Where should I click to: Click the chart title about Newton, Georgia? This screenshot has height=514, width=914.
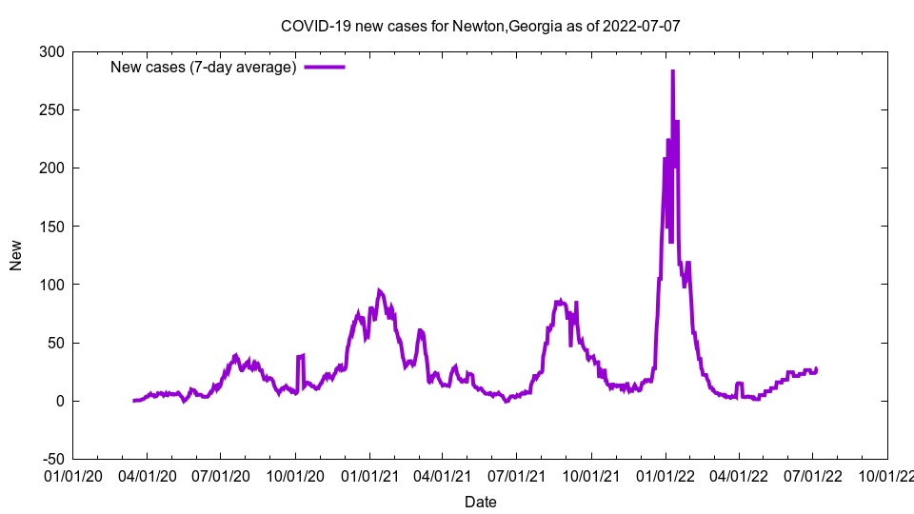point(480,26)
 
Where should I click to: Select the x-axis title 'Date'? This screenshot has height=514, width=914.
point(480,502)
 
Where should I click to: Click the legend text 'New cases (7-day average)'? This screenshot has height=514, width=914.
point(203,67)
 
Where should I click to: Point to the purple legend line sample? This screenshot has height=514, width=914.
point(324,67)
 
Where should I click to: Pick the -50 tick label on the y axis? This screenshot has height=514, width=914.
point(51,459)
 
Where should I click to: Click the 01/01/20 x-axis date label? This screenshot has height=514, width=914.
point(72,474)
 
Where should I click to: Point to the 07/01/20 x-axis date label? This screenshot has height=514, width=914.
point(221,474)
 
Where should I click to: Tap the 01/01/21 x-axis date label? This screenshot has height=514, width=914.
point(369,474)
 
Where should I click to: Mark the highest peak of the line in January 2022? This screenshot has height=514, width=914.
point(672,71)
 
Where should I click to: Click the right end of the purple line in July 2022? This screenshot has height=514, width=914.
point(816,368)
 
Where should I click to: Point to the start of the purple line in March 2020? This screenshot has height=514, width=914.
point(133,401)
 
